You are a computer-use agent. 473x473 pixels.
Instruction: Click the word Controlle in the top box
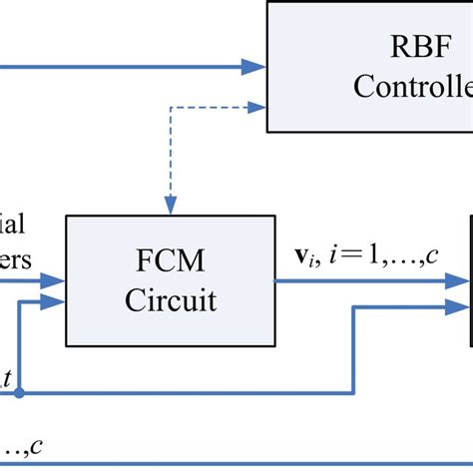(411, 88)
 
